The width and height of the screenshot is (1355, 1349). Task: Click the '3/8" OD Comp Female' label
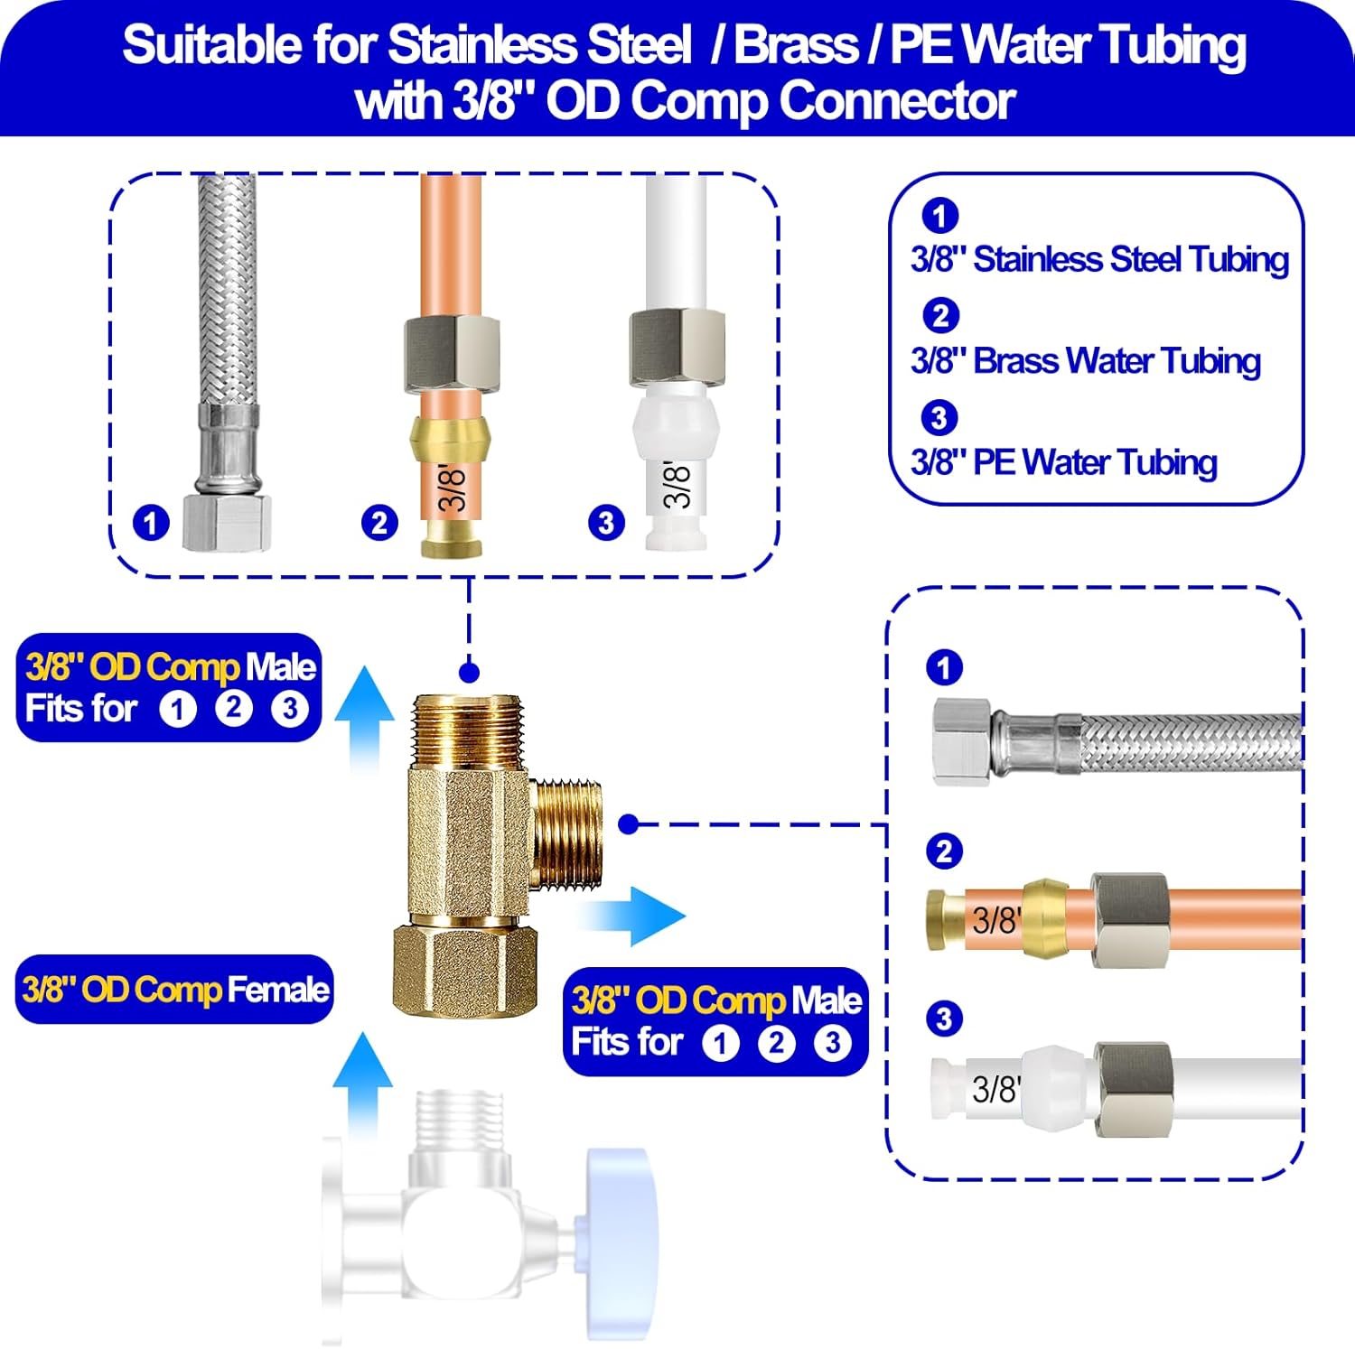pos(174,990)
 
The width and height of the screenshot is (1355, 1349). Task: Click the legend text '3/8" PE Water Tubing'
pos(1063,462)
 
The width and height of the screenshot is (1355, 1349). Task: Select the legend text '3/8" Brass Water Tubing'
pos(1085,361)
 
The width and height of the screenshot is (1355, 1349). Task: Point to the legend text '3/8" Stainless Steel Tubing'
pos(1099,259)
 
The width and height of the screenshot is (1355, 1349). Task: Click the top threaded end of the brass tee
pos(467,730)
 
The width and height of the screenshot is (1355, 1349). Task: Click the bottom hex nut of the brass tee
pos(465,971)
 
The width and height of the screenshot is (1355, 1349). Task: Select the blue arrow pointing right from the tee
pos(637,916)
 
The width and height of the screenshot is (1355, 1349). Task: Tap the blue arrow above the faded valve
pos(362,1084)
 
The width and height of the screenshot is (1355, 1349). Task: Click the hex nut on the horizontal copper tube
pos(1129,919)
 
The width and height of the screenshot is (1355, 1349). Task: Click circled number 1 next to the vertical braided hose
pos(151,523)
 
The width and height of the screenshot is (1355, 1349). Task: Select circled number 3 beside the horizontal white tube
pos(944,1019)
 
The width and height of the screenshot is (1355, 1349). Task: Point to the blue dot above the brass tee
pos(469,672)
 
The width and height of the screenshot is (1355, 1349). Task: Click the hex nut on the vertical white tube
pos(677,347)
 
